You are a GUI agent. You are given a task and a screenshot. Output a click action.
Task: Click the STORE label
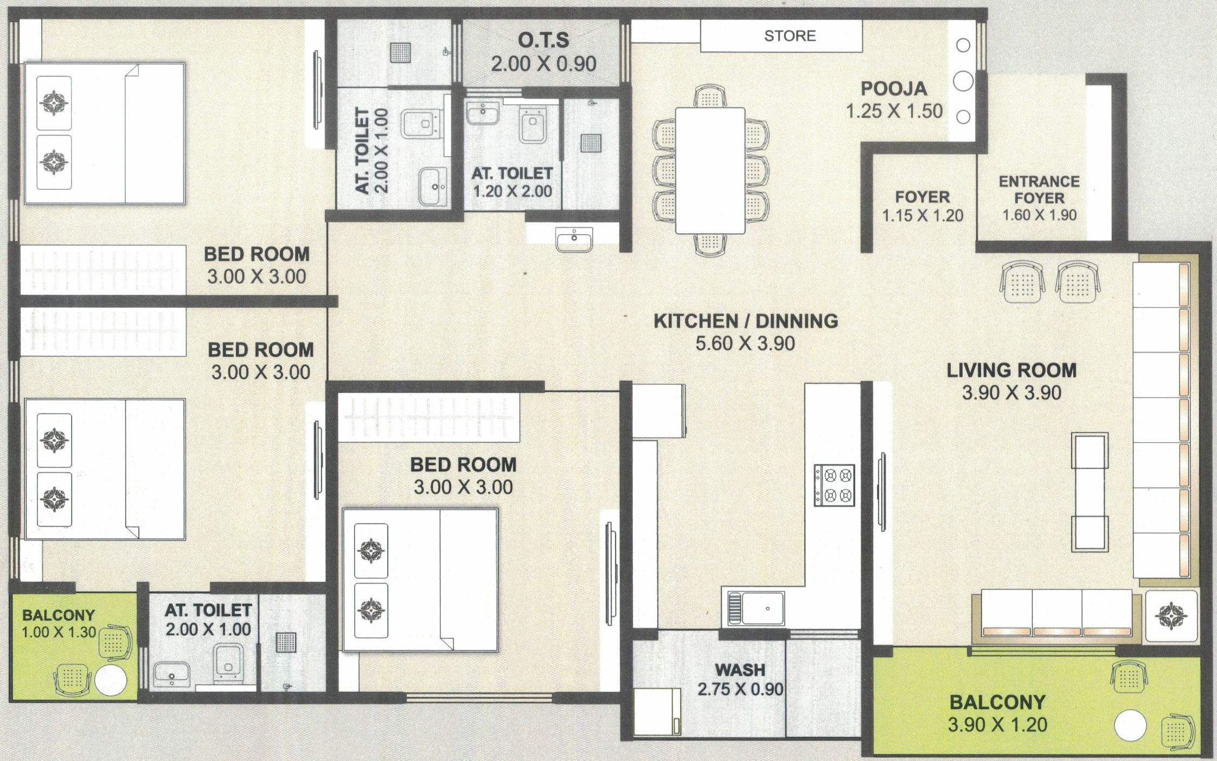(x=790, y=36)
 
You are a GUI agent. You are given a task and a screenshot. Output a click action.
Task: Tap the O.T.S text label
(x=543, y=40)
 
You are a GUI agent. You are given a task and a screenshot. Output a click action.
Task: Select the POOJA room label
(x=894, y=88)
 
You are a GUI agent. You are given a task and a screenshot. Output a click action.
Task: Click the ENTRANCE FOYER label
(x=1039, y=189)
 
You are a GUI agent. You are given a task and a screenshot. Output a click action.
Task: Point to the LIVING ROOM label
(x=1011, y=370)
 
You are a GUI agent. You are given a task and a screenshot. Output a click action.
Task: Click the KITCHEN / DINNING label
(x=746, y=321)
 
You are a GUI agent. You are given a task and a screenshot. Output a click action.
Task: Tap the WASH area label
(x=740, y=670)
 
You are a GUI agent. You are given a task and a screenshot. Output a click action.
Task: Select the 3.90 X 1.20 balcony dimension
(x=997, y=725)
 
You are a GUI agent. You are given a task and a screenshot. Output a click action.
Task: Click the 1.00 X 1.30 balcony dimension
(x=59, y=632)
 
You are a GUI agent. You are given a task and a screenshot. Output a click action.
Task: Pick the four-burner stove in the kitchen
(x=834, y=485)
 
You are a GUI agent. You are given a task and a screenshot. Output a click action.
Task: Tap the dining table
(x=710, y=170)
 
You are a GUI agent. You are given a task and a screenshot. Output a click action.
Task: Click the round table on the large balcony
(x=1130, y=726)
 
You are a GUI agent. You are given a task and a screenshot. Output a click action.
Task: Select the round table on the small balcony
(x=111, y=680)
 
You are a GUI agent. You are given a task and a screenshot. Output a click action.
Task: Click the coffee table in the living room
(x=1090, y=491)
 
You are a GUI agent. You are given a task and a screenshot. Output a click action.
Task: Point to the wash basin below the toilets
(x=574, y=239)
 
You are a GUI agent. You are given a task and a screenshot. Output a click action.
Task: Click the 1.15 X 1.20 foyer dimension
(x=923, y=215)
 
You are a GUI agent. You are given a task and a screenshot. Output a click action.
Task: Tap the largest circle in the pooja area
(x=963, y=81)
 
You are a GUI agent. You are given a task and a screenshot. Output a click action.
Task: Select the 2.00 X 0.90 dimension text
(x=543, y=63)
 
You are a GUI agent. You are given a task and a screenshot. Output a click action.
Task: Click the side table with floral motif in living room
(x=1171, y=616)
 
